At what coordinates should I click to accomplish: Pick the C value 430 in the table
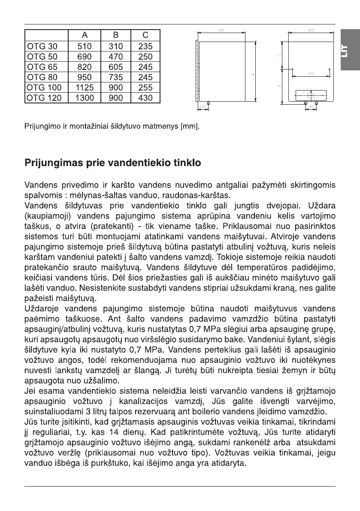145,98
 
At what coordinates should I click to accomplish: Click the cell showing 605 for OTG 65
116,67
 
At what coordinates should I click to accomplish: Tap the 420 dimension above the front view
311,30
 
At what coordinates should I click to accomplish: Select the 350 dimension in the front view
311,74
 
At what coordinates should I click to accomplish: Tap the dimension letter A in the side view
252,74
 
